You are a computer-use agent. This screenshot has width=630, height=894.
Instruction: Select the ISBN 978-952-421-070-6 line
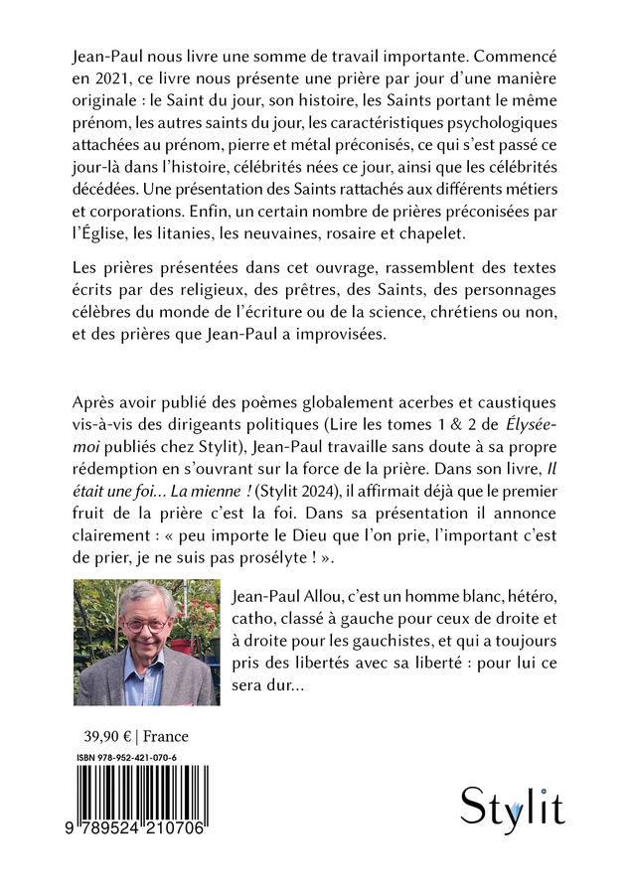coord(126,758)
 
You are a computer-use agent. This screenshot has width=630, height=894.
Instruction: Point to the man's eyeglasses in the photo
coord(148,625)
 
